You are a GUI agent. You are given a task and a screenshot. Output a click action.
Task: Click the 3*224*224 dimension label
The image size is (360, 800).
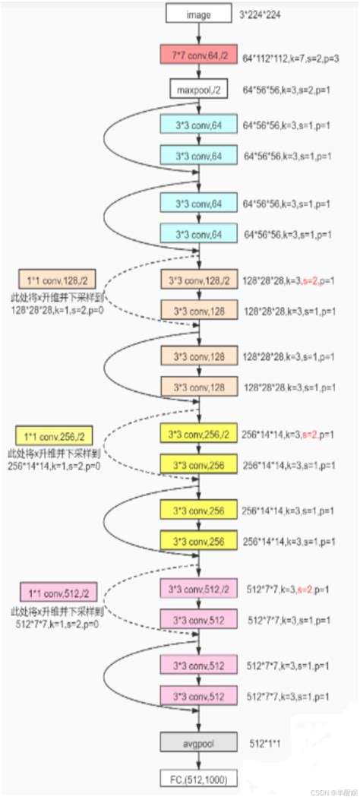[x=266, y=14]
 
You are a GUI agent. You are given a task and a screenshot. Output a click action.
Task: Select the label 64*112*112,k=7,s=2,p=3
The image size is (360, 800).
[x=292, y=57]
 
